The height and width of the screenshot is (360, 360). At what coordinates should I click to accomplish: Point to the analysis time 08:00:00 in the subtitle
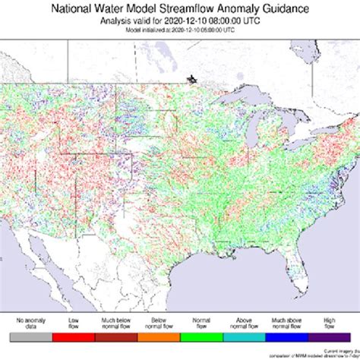point(212,21)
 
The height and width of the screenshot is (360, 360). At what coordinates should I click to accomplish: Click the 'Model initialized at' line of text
point(179,30)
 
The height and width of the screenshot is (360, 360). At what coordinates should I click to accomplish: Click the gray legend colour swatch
point(30,335)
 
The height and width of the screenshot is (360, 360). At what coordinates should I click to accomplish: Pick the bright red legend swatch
point(73,335)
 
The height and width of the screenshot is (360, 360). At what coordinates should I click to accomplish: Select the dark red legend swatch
point(116,335)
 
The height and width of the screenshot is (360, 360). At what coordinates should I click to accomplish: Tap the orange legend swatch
point(159,335)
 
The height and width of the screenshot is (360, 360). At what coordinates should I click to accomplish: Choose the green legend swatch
point(201,335)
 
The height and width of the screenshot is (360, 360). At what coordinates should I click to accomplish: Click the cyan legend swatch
point(244,335)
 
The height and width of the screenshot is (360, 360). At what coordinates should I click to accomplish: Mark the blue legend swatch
point(287,335)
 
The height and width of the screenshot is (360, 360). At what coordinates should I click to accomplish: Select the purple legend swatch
point(329,335)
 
